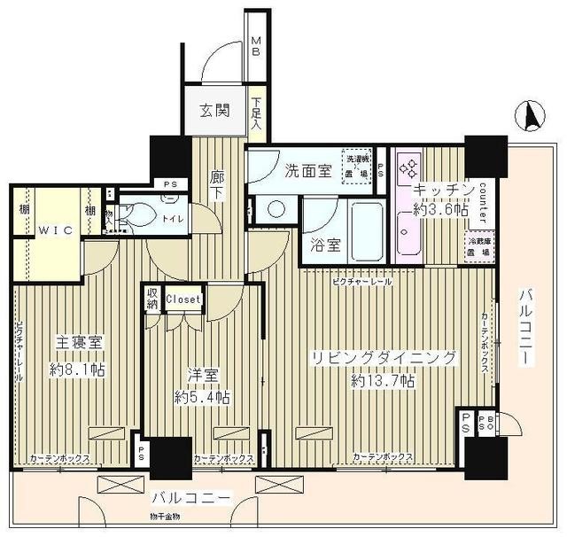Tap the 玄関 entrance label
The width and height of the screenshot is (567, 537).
coord(214,111)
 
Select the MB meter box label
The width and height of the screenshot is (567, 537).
coord(255,47)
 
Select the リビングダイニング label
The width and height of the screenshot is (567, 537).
coord(383,359)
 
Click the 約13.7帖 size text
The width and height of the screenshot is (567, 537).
coord(383,381)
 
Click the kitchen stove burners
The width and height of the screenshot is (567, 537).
coord(412,167)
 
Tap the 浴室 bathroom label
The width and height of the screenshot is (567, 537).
coord(324,245)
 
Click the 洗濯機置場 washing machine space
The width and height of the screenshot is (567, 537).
coord(358,165)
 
